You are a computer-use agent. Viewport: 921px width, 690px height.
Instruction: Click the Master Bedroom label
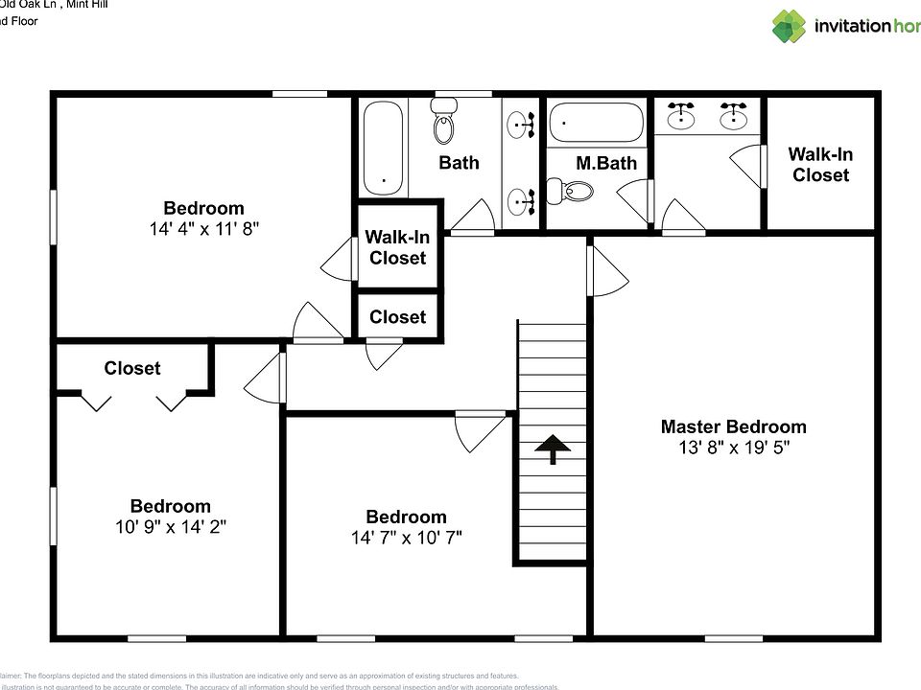tap(733, 426)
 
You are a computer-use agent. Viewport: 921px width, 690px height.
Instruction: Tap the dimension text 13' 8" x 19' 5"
tap(733, 448)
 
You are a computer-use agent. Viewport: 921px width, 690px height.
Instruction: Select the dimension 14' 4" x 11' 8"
tap(203, 229)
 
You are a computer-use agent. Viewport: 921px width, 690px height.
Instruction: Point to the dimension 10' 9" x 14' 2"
tap(170, 527)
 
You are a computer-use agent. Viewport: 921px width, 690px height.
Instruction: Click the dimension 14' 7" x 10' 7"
tap(406, 538)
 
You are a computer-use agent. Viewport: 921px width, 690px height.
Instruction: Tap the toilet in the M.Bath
tap(572, 192)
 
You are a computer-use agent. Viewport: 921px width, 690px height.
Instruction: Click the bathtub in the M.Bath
tap(595, 123)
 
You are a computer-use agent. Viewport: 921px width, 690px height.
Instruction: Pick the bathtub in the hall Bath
tap(385, 149)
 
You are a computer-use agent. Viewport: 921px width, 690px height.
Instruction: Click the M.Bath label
tap(605, 163)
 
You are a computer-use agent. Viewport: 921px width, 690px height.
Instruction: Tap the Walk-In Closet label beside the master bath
tap(820, 164)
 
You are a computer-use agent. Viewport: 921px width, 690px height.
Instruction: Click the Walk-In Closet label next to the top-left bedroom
tap(397, 247)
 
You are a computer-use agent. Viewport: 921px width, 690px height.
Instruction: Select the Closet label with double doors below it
tap(132, 368)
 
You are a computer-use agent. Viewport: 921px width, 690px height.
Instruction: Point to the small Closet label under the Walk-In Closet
tap(397, 317)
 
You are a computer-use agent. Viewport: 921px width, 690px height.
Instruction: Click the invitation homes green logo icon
tap(790, 26)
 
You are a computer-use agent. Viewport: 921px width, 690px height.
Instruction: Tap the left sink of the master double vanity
tap(681, 116)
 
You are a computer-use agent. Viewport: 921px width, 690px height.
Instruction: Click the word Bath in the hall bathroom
tap(459, 162)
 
